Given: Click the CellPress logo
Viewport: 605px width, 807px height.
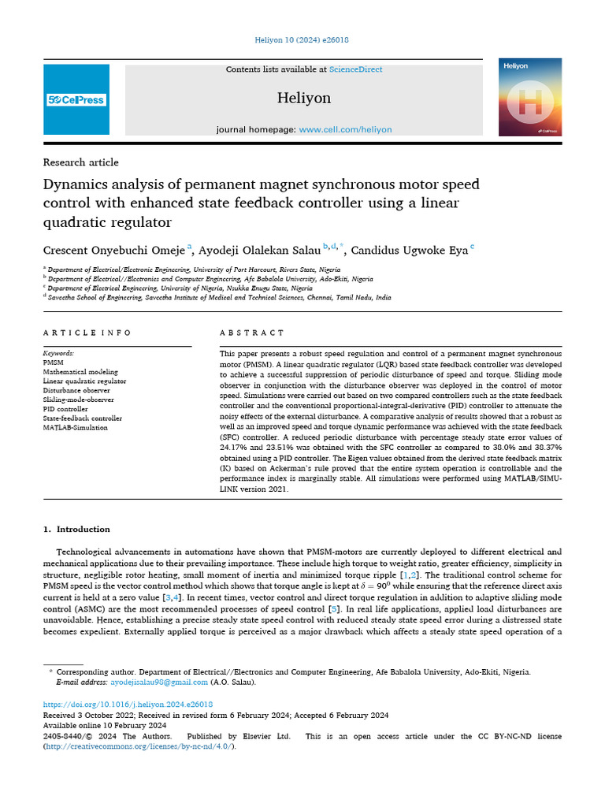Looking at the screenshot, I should pos(76,100).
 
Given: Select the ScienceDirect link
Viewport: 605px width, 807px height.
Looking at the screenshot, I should pos(355,69).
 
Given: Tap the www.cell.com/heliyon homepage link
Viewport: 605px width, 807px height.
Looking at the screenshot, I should pos(345,129).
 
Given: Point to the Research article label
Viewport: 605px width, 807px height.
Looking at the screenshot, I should pos(80,162).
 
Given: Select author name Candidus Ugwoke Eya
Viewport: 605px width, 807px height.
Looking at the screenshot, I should pos(409,251).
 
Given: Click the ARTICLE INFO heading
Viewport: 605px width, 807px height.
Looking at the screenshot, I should pos(87,333).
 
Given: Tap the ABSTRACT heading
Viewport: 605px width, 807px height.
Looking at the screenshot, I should pos(251,333).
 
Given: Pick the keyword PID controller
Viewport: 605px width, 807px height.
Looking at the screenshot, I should pos(65,409).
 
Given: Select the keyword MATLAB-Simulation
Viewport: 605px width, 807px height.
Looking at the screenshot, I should pos(75,428).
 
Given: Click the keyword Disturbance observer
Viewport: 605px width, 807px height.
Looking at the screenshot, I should pos(76,390).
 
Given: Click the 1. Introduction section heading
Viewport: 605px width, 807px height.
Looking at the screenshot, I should pos(76,529).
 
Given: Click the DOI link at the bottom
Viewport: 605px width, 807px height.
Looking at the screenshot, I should pos(128,704).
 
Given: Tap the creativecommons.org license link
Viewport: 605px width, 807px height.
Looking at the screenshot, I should pos(139,746).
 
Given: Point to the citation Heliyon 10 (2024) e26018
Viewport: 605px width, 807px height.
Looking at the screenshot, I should pos(302,40).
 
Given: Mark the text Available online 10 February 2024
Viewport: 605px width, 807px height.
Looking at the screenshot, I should pos(105,725).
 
